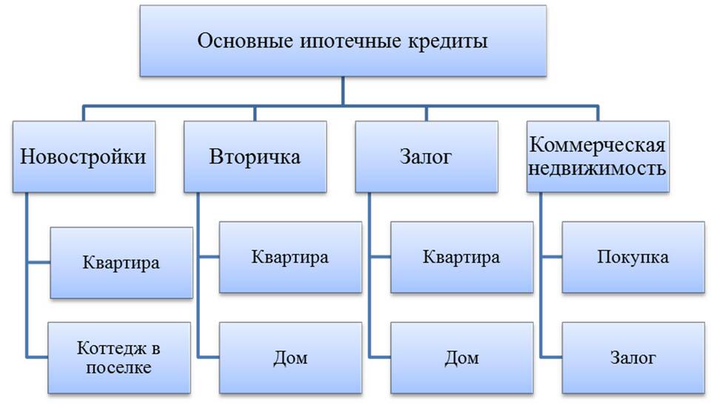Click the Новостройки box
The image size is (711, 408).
[83, 157]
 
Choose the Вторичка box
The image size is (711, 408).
[255, 157]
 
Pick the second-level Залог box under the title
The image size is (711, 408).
[426, 157]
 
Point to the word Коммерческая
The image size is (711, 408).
[598, 144]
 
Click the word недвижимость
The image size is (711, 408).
[598, 168]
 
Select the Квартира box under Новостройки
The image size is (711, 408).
[121, 263]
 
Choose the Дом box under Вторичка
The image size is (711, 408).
[290, 358]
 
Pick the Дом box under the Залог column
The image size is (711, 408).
[461, 358]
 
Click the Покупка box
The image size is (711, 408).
[632, 257]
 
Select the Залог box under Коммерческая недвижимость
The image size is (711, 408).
[632, 358]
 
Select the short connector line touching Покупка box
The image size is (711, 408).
[551, 256]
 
